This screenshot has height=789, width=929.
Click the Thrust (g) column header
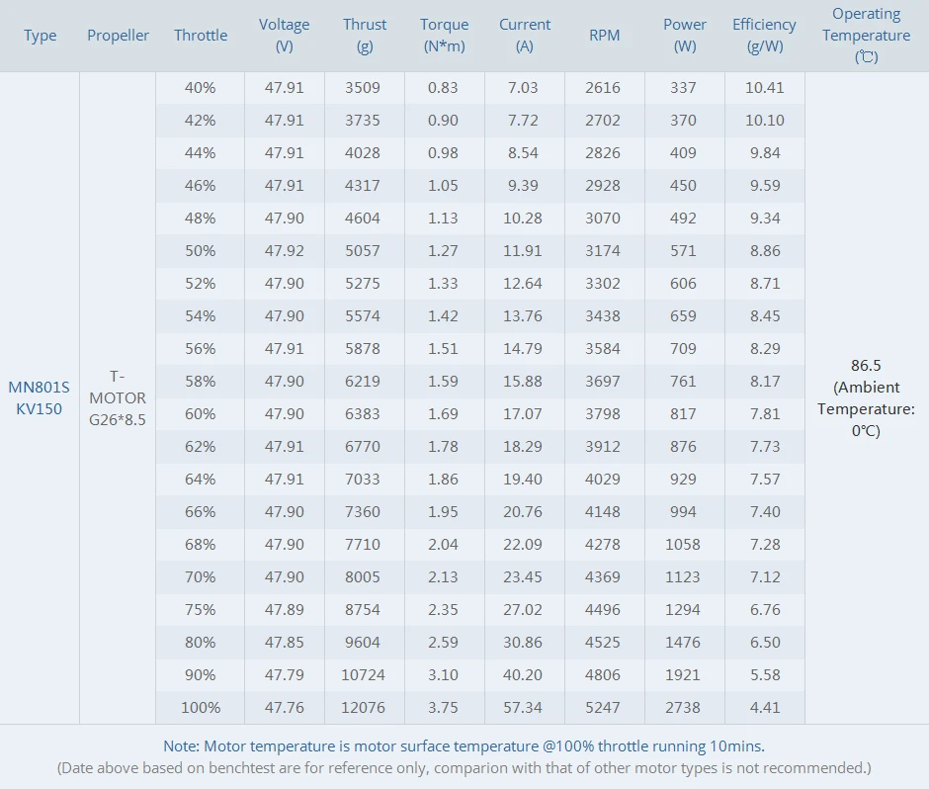(365, 35)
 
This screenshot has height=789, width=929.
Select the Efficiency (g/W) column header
(764, 35)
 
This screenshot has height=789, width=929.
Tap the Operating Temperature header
(866, 35)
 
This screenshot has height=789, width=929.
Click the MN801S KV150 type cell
(40, 397)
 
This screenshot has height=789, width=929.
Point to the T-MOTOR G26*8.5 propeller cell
(118, 397)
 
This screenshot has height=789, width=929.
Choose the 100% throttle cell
(200, 708)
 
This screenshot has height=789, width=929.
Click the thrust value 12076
(363, 708)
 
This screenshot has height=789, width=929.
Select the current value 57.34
(523, 708)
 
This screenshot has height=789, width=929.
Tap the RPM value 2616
(603, 87)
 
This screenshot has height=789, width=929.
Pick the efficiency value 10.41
(764, 87)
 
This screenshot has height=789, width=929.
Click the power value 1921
(683, 675)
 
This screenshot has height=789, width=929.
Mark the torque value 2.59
(443, 643)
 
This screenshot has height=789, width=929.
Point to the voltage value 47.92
(285, 250)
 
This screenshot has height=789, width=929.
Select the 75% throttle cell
(200, 610)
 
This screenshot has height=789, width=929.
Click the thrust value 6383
(363, 414)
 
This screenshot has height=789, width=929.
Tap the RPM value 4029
(603, 480)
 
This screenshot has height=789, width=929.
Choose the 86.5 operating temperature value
(866, 365)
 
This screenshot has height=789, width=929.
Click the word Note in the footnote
(181, 746)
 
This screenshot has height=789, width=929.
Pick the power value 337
(683, 87)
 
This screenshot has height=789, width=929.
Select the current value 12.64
(523, 283)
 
